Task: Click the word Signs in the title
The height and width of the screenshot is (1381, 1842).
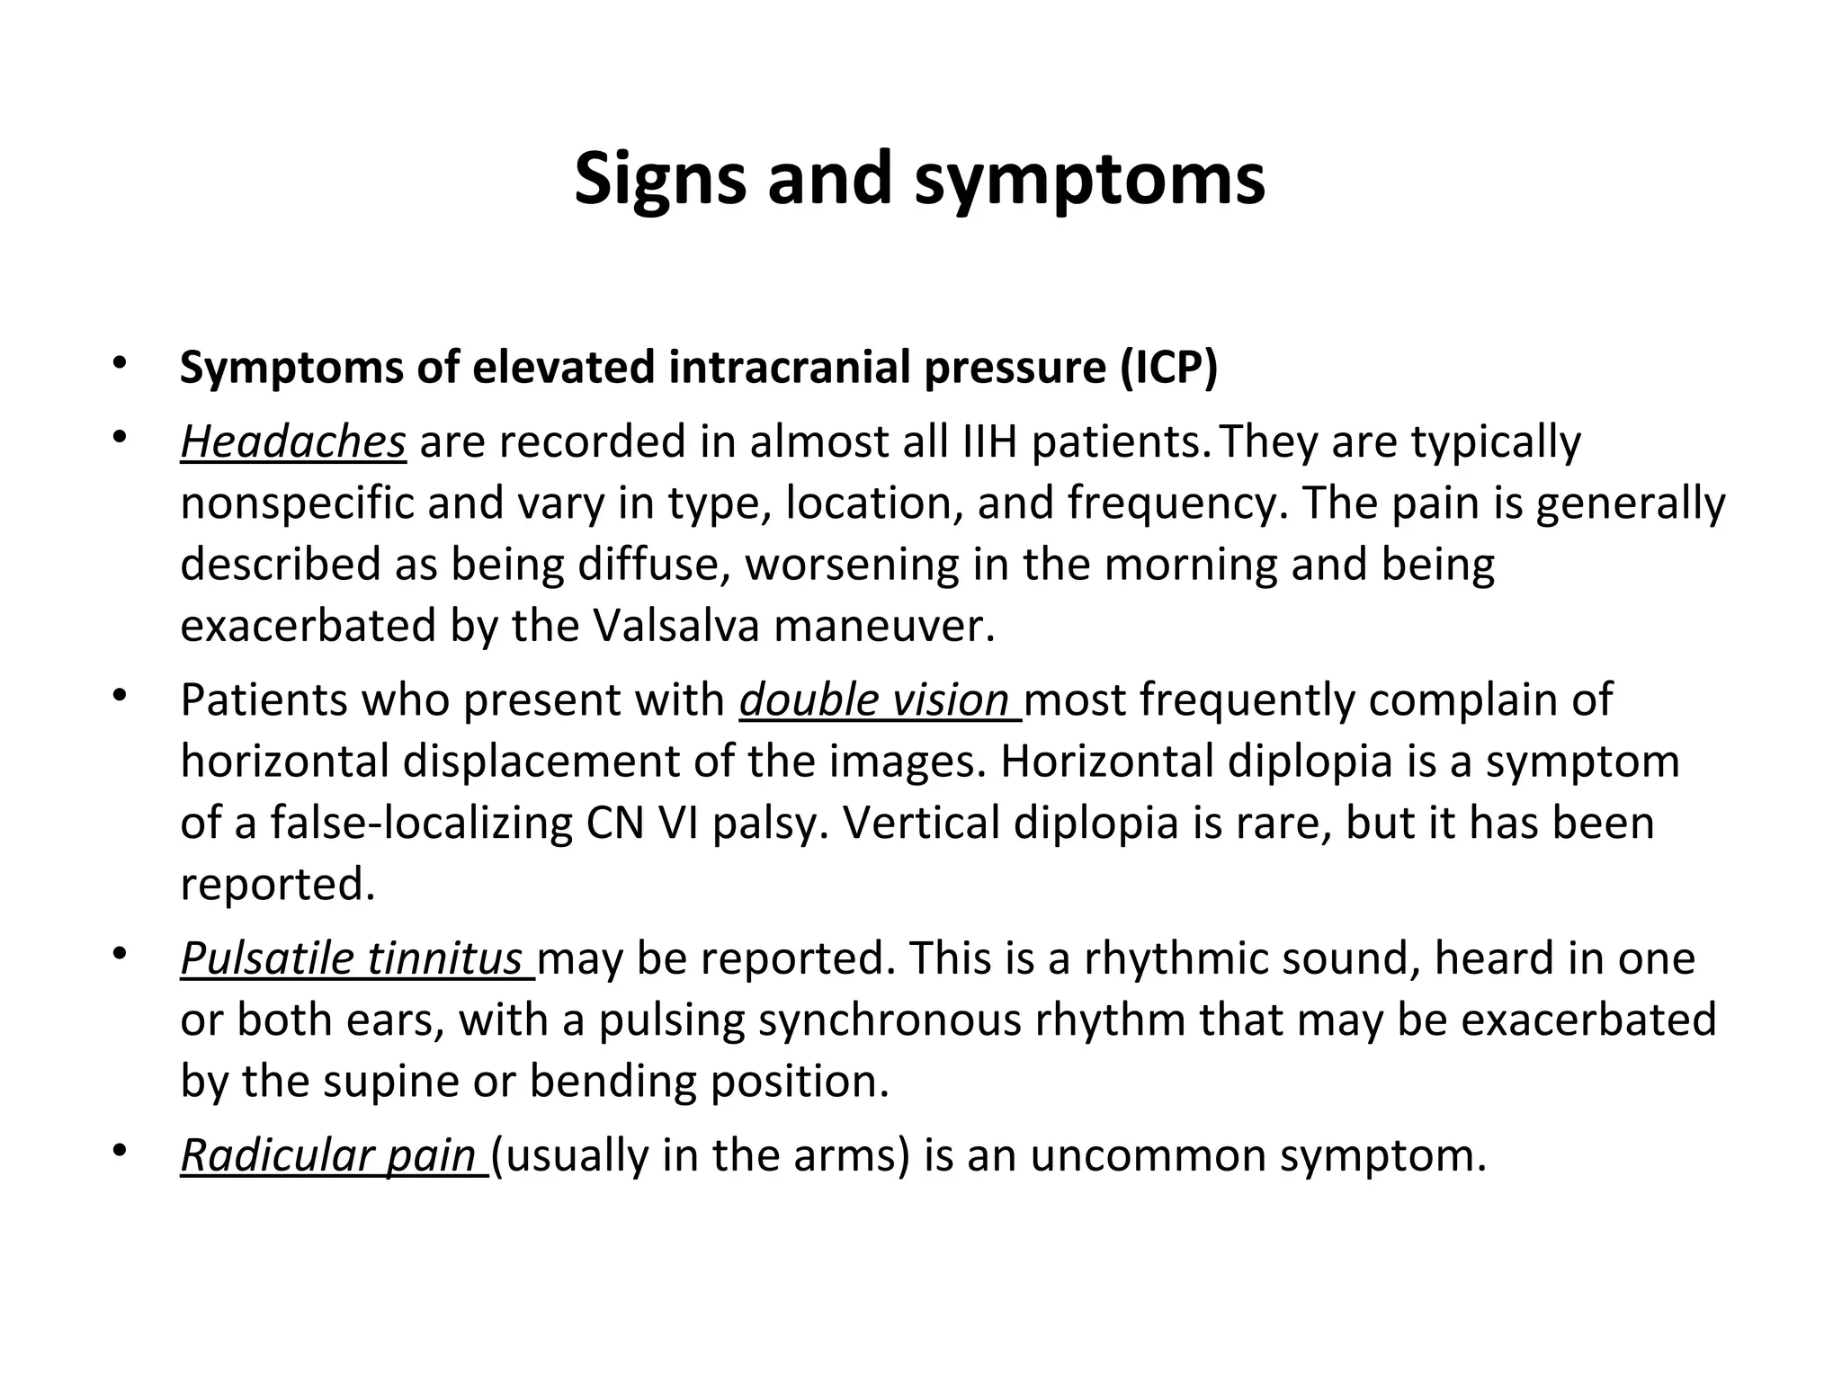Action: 659,180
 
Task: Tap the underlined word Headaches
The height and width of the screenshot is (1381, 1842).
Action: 293,442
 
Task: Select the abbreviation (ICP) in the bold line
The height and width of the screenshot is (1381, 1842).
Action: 1168,367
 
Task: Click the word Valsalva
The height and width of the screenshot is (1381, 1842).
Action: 676,626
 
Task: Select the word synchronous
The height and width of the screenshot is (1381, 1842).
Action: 891,1020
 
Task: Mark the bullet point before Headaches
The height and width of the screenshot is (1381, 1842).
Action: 117,440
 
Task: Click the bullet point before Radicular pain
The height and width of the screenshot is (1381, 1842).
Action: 117,1153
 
